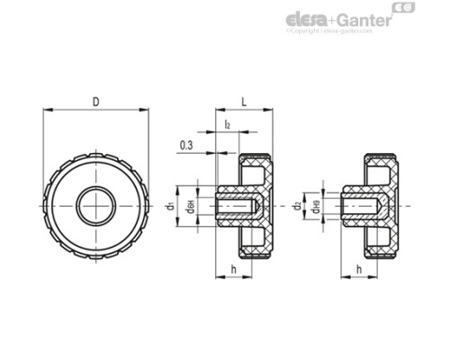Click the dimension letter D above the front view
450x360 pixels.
(95, 102)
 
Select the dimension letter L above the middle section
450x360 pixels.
(244, 102)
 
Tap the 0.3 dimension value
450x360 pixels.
(186, 144)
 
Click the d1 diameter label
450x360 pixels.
(169, 206)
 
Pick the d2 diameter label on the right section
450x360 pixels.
(297, 206)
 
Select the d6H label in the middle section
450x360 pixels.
(190, 207)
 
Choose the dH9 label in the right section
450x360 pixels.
(316, 207)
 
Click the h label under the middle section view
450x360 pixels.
(233, 269)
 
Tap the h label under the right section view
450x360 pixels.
(359, 269)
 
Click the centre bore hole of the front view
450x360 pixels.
(95, 205)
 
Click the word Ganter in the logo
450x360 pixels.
(364, 20)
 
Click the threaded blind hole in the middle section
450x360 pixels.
(238, 206)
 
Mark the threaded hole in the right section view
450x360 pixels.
(364, 206)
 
